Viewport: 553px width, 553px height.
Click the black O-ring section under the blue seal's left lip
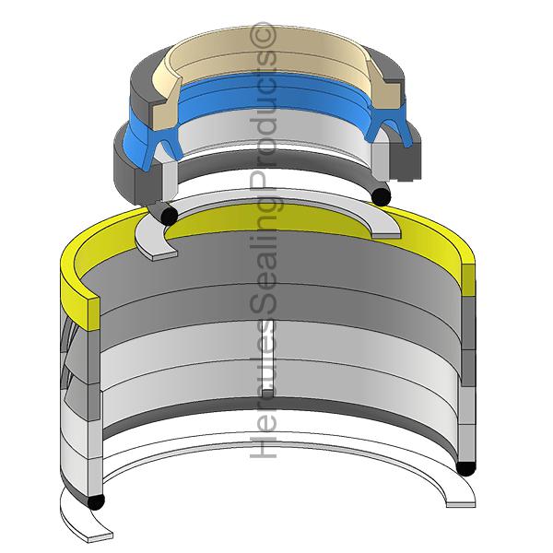point(169,215)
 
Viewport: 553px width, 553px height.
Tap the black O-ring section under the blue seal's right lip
point(380,194)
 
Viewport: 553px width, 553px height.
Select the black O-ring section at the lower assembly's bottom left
point(94,502)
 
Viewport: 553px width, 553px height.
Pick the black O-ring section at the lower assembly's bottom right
point(466,467)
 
